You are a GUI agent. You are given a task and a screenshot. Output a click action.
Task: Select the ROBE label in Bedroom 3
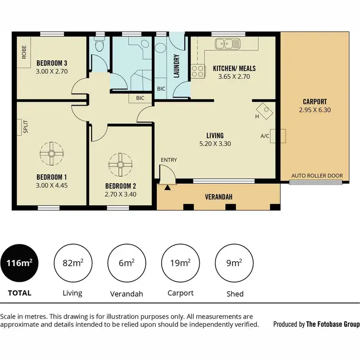24,52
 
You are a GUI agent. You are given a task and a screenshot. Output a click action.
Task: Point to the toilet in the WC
99,47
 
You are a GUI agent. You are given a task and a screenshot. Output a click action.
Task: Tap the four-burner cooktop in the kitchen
198,71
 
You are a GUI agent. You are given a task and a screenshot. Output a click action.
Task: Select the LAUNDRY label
176,66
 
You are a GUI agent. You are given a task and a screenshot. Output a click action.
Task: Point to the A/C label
264,136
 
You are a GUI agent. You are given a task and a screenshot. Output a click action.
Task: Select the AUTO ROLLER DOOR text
317,176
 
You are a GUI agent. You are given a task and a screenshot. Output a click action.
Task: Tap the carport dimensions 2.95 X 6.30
315,110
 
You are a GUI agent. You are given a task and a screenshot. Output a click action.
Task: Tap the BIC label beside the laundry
161,89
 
